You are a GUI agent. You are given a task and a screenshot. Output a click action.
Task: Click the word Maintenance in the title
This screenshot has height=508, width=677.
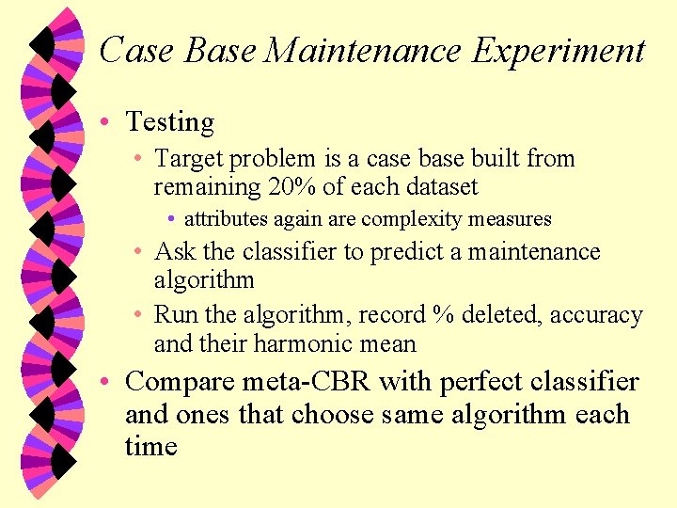point(364,50)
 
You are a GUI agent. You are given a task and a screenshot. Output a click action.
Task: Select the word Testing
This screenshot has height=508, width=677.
point(170,122)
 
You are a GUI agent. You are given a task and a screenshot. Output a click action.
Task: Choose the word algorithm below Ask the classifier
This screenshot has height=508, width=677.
point(204,280)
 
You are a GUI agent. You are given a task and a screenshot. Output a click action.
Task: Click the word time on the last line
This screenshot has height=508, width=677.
point(151,446)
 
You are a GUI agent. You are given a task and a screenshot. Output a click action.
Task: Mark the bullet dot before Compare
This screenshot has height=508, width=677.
point(108,383)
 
